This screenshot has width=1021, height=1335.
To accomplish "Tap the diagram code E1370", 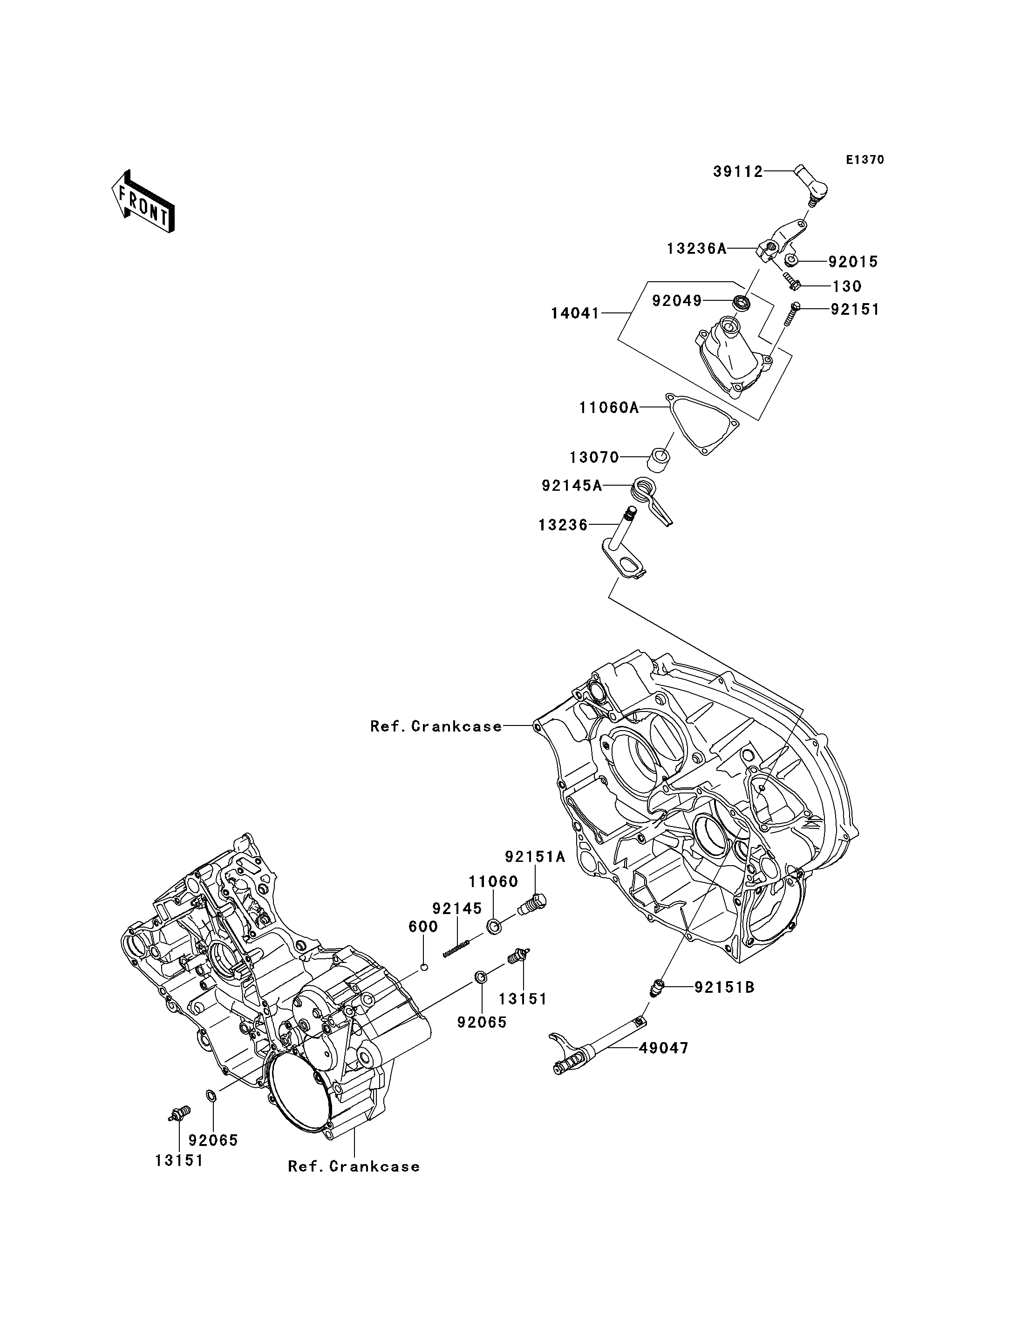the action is click(x=865, y=160).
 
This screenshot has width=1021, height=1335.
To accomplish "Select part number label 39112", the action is click(x=738, y=172).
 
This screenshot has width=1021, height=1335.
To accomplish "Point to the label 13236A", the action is click(x=696, y=249).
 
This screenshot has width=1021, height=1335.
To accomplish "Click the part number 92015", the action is click(x=853, y=262).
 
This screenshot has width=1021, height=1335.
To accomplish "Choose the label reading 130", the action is click(x=847, y=286).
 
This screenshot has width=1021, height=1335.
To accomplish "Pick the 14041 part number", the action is click(x=575, y=313).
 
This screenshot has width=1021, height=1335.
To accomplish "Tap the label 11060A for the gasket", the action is click(x=609, y=408).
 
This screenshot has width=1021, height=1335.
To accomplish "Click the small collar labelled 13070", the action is click(x=660, y=460).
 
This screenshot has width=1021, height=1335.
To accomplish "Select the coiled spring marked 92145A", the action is click(x=652, y=500).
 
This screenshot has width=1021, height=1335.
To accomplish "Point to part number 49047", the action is click(x=664, y=1048).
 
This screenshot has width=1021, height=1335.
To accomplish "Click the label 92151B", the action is click(x=724, y=988).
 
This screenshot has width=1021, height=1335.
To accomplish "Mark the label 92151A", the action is click(x=535, y=857).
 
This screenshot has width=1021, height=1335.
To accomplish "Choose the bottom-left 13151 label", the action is click(x=179, y=1160).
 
